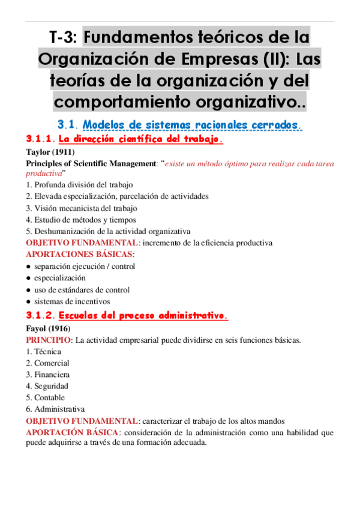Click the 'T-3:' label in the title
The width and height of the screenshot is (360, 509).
tap(62, 38)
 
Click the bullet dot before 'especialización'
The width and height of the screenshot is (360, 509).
tap(28, 279)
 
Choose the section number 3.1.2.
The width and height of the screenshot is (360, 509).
tap(40, 315)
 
